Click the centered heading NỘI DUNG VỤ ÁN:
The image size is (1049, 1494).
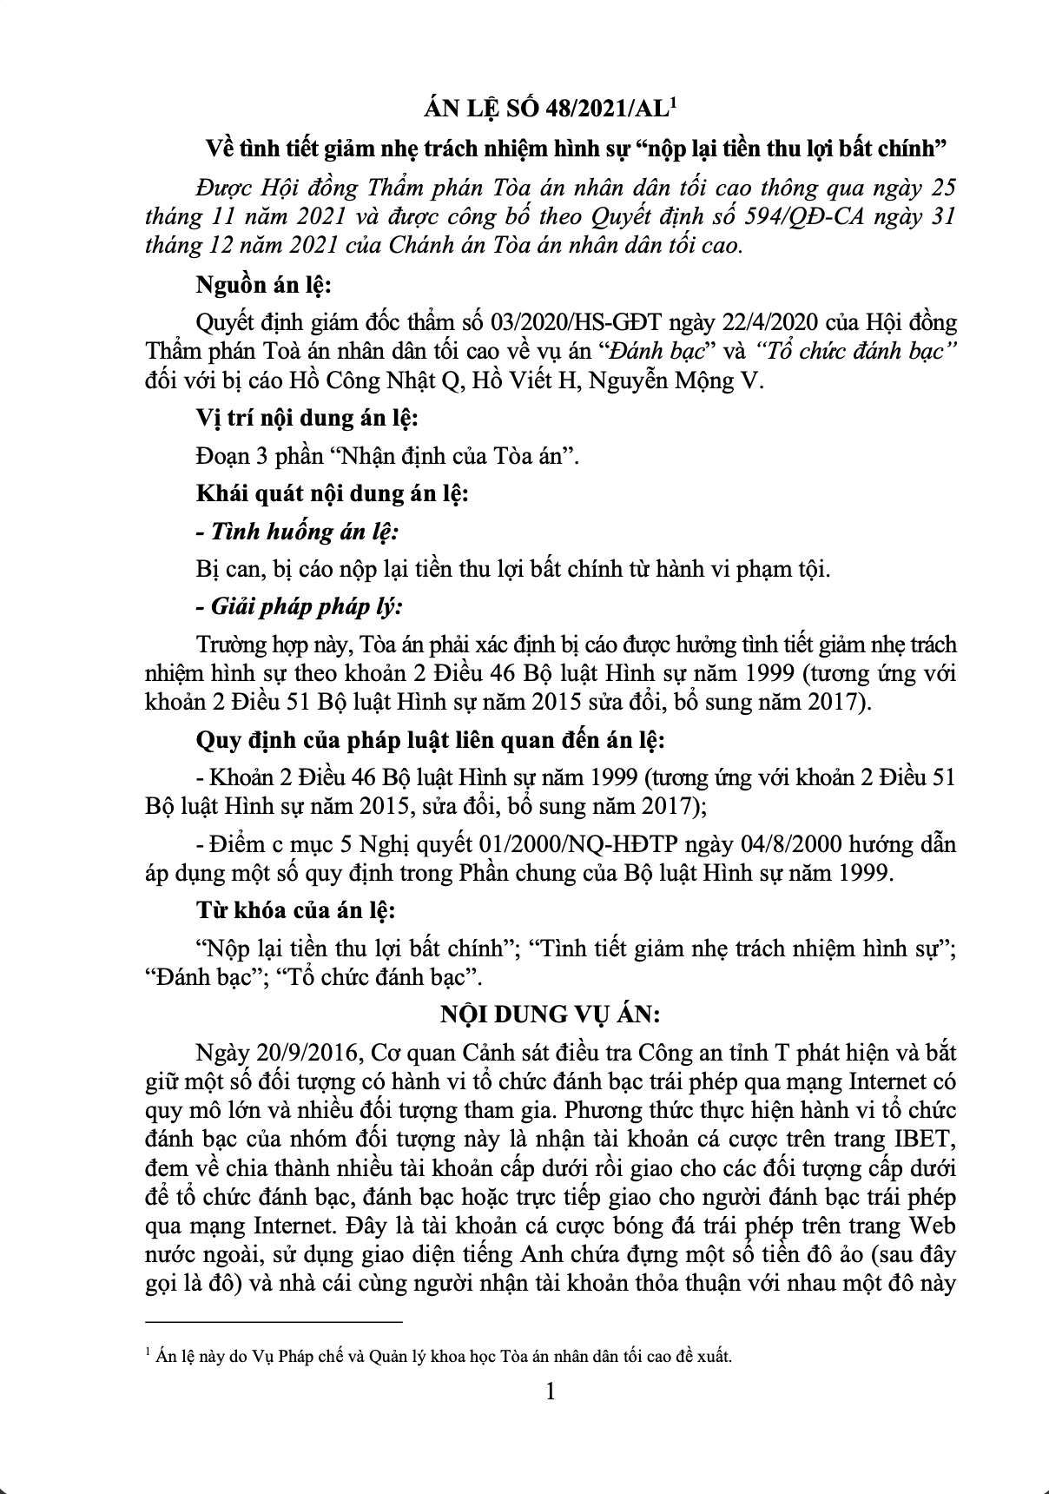coord(549,1015)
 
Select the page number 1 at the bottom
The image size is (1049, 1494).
coord(549,1392)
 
